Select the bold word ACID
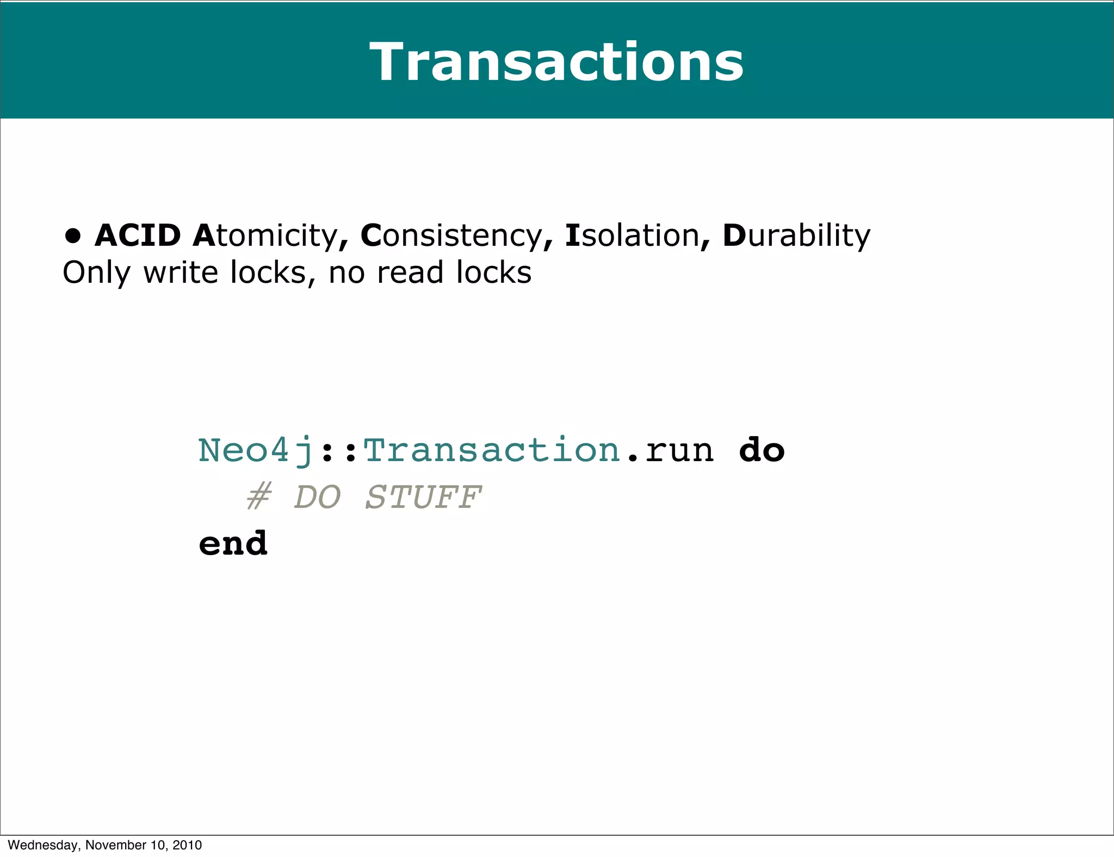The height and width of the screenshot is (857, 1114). coord(138,235)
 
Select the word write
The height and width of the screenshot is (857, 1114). coord(181,272)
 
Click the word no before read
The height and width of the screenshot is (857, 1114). coord(347,273)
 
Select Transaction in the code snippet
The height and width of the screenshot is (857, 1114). coord(492,450)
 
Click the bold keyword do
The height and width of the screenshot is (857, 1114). coord(762,450)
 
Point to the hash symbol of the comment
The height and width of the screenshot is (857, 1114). coord(259,497)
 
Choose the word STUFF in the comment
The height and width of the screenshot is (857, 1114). coord(423,497)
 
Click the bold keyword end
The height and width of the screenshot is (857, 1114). coord(233,543)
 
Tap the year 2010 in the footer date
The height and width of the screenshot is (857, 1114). coord(187,845)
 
